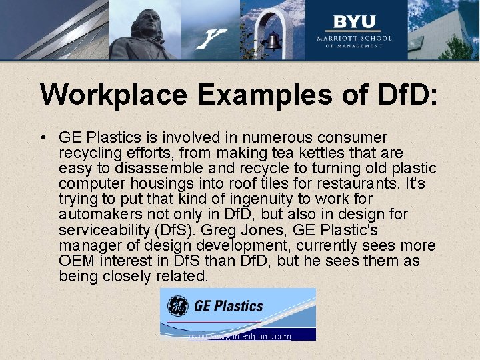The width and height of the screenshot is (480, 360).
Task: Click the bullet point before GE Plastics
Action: [x=42, y=138]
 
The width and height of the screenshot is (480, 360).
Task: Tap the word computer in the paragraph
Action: [x=89, y=184]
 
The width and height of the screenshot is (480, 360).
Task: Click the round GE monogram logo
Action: [x=177, y=305]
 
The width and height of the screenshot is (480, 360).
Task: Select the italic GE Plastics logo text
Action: [x=229, y=306]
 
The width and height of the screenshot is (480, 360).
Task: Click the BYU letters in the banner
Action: [x=354, y=21]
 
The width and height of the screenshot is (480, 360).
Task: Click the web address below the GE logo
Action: [x=240, y=336]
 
